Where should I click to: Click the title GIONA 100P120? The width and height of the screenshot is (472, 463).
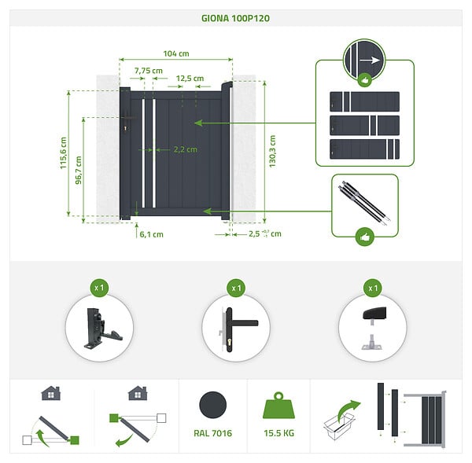tap(235, 18)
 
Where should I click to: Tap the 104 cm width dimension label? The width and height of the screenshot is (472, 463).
tap(176, 54)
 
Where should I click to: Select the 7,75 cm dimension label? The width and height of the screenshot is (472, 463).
tap(149, 71)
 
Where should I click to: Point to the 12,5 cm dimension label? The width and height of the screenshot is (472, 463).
tap(190, 79)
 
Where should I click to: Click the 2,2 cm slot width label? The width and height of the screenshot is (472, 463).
tap(186, 149)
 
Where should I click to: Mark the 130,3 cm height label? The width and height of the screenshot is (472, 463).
tap(272, 152)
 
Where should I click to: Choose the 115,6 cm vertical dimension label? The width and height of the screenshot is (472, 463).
tap(63, 153)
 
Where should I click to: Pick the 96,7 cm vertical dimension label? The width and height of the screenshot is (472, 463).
tap(78, 170)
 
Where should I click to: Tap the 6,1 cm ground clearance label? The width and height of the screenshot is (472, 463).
tap(151, 235)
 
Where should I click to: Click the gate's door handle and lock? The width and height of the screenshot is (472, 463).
tap(126, 120)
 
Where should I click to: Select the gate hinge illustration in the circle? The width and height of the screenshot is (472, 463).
tap(101, 329)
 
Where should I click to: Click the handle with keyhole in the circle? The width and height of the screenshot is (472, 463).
tap(238, 329)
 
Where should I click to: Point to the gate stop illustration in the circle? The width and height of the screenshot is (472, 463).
tap(374, 328)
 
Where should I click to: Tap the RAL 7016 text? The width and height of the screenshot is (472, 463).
tap(213, 433)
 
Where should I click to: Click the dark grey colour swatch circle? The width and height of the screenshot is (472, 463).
tap(213, 405)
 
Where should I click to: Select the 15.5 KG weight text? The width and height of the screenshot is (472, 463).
tap(278, 433)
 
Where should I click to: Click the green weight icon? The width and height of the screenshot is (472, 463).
tap(278, 406)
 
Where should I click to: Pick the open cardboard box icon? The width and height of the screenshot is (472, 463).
tap(338, 426)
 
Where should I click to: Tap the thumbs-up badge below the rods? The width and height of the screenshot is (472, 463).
tap(365, 237)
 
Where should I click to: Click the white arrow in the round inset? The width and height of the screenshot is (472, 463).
tap(370, 61)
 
